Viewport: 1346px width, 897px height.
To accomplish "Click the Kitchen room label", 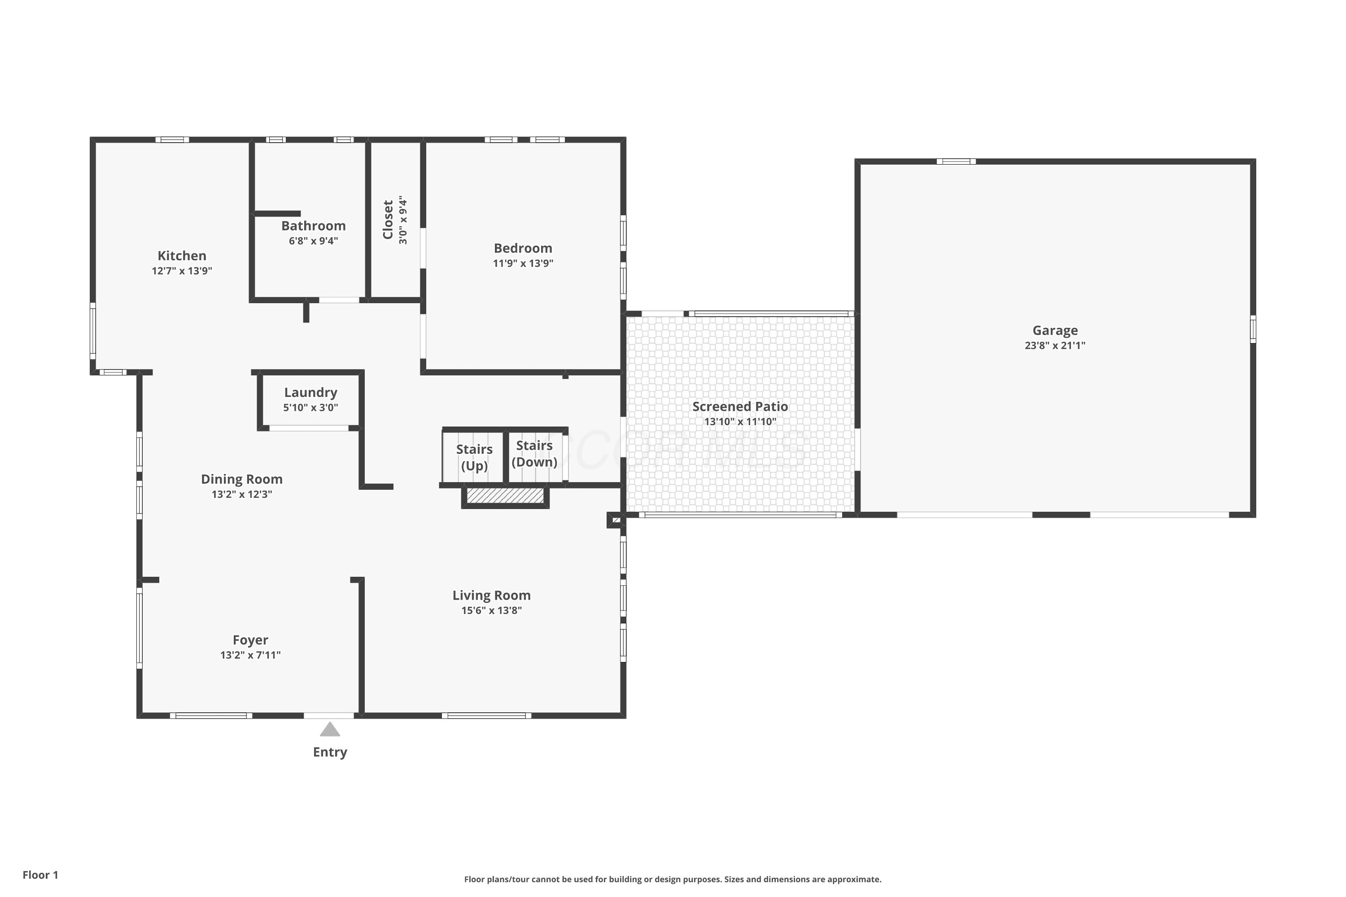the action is point(182,256).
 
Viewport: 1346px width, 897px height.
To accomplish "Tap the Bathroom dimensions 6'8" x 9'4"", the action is point(314,241).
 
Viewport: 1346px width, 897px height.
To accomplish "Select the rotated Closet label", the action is point(388,220).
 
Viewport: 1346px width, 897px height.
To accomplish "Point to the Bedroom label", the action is point(523,248).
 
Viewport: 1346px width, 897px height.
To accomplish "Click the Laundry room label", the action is point(311,392).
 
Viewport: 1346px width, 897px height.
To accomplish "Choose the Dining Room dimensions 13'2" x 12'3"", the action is point(242,494).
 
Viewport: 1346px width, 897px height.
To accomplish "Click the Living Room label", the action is point(492,596).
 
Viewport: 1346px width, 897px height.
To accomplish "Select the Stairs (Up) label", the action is point(474,457).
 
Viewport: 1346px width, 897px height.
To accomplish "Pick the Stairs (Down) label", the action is point(534,453).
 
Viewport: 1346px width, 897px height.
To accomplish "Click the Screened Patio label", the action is point(741,407).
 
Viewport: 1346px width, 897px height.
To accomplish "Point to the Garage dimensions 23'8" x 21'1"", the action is point(1055,345).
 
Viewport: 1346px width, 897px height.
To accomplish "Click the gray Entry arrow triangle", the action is point(330,729).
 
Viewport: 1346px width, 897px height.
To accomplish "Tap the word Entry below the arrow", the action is point(330,752).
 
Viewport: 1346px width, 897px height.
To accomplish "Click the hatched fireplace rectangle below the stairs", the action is point(505,496).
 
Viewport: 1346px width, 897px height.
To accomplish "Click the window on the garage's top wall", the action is point(956,161).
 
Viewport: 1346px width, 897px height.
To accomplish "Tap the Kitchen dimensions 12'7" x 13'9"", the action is point(182,271).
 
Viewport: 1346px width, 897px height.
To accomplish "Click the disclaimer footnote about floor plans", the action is point(673,879).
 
